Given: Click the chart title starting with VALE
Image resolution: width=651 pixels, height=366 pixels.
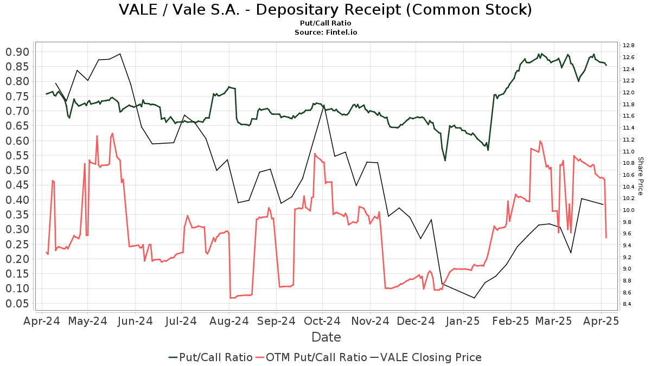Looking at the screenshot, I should [x=325, y=10].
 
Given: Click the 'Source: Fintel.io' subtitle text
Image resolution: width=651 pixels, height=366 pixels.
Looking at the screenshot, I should [x=325, y=32].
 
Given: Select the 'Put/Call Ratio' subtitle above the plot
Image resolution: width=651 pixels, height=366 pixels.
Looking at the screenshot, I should [x=325, y=23].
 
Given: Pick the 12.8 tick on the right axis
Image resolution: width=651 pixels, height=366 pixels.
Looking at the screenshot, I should [x=629, y=46].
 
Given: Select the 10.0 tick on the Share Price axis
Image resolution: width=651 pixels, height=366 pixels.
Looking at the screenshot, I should [x=629, y=210].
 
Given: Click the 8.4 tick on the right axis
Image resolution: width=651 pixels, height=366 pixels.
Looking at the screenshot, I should [x=629, y=304].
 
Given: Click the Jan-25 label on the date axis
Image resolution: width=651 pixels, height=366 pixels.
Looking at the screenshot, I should [x=463, y=321].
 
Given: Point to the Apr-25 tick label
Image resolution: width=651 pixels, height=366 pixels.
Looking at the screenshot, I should [x=601, y=321].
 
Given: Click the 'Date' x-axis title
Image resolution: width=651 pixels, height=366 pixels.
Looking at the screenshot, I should [x=326, y=337].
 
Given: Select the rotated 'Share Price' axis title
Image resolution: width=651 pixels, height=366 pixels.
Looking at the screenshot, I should [x=640, y=176].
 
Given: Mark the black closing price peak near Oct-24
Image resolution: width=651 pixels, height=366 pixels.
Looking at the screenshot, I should [x=324, y=106].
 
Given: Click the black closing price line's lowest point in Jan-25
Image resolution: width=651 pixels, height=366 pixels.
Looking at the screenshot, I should [x=475, y=298].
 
